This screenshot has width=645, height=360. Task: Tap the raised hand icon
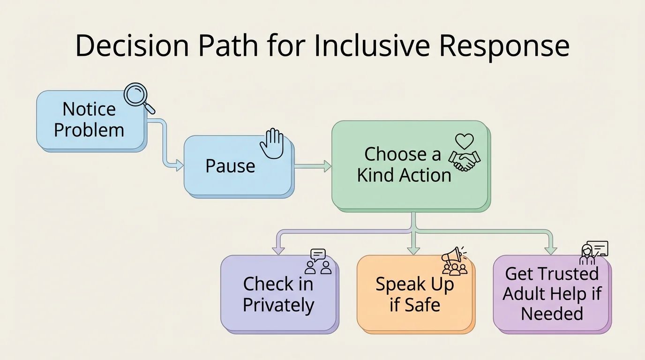click(272, 143)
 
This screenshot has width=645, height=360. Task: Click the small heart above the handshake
click(465, 141)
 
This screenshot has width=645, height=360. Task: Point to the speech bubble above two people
click(318, 255)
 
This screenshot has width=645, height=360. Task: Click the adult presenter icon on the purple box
click(587, 254)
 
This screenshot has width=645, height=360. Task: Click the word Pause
click(230, 166)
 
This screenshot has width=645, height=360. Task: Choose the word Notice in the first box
click(89, 109)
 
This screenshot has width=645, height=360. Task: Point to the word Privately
click(278, 305)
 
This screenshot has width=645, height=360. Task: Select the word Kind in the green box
click(375, 175)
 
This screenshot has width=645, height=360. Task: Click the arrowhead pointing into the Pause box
click(179, 165)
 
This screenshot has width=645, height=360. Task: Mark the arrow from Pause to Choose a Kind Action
click(312, 165)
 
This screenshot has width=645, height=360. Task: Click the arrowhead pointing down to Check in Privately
click(278, 250)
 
